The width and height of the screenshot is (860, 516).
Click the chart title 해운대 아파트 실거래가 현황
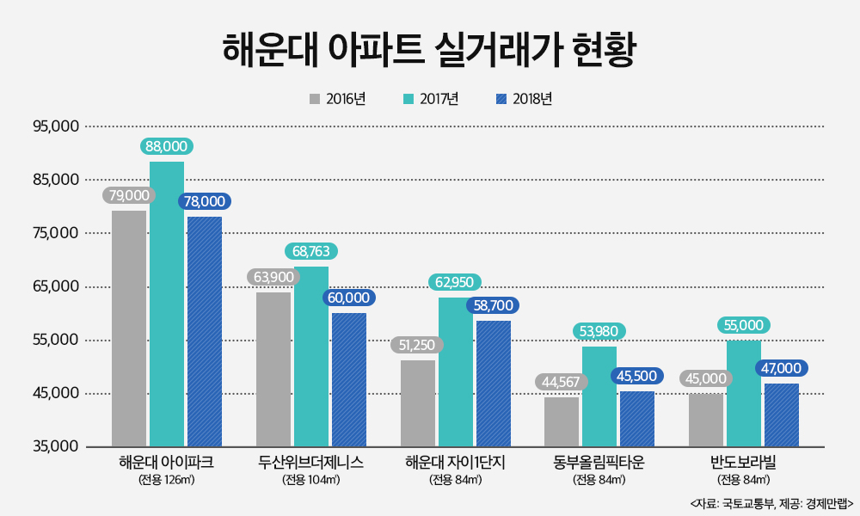(x=429, y=50)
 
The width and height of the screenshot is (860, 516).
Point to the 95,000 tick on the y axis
(x=56, y=126)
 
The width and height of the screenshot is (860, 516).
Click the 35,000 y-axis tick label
(x=56, y=447)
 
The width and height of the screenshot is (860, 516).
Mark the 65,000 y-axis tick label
(x=56, y=286)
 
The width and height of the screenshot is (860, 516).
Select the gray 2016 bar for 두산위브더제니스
(x=273, y=369)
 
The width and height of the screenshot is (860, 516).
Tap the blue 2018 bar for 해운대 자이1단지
(x=494, y=384)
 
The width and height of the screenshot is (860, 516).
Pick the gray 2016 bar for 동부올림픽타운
(x=562, y=421)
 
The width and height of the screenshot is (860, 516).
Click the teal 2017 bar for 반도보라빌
(x=744, y=393)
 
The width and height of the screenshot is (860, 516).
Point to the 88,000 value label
(x=167, y=147)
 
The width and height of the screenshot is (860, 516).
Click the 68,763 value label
(x=311, y=251)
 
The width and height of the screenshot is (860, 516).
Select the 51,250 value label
(x=417, y=345)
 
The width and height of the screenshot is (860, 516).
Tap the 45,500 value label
(x=637, y=376)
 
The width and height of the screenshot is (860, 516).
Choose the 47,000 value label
(x=781, y=368)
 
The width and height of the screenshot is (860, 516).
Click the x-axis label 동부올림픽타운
(x=599, y=463)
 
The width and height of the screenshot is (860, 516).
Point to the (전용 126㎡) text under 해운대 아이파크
(x=167, y=480)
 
